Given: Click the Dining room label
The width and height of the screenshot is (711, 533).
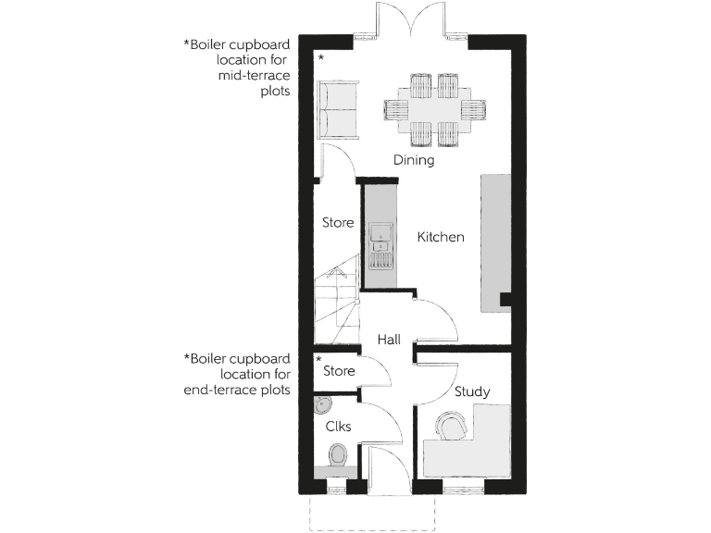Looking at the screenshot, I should (x=414, y=160).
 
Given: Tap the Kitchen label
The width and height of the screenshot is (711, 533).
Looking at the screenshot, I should (x=441, y=237).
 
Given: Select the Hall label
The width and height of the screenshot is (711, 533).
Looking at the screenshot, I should (x=389, y=341).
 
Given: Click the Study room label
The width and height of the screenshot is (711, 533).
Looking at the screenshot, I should (x=472, y=391).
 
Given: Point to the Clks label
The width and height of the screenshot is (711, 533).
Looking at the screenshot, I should (x=337, y=427).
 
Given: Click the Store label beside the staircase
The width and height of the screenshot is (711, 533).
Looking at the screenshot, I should (x=338, y=222).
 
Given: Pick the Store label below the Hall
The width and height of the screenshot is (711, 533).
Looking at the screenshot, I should (x=339, y=372).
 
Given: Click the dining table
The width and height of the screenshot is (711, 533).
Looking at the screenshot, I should (x=433, y=109).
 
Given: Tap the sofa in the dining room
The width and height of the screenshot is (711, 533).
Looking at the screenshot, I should (x=338, y=110).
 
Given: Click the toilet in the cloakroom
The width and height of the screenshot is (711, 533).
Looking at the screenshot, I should (x=338, y=454).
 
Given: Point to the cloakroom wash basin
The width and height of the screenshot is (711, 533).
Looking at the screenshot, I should (x=321, y=406).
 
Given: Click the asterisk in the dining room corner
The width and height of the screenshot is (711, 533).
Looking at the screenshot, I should (x=321, y=58).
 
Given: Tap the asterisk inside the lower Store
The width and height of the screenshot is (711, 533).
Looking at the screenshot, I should (x=319, y=358).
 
